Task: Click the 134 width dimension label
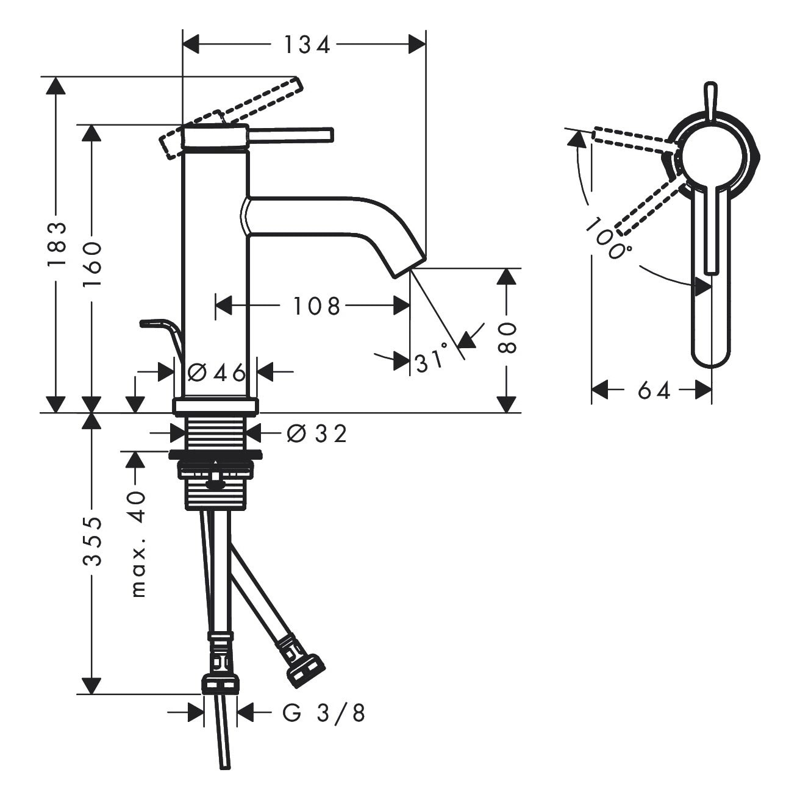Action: pos(307,45)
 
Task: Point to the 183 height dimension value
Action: pos(57,244)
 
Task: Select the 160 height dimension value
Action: pos(92,263)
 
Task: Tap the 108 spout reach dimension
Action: pos(316,306)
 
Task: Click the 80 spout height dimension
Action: pos(507,337)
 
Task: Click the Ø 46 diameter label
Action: pos(216,372)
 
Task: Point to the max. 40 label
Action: pos(138,545)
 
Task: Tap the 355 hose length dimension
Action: pos(92,541)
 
